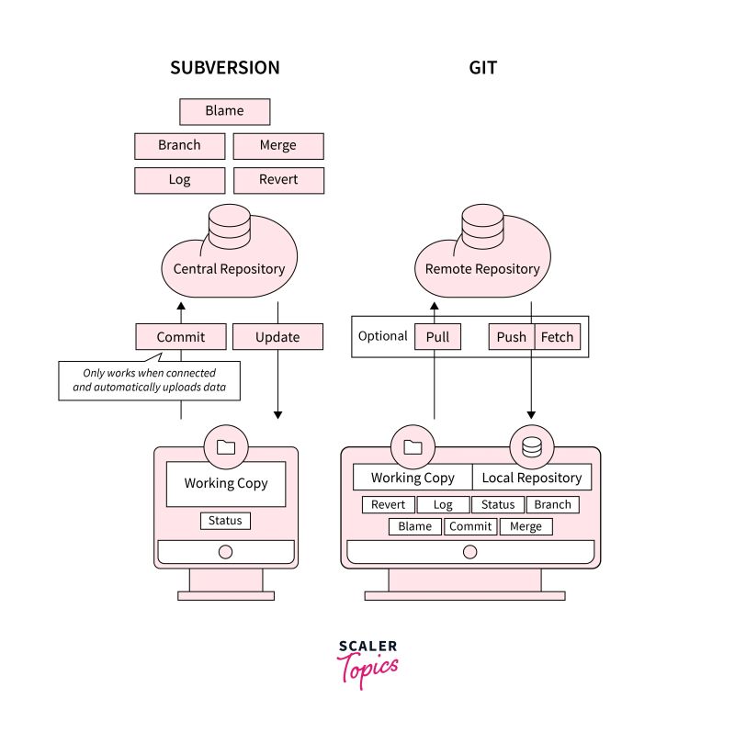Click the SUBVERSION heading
pyautogui.click(x=225, y=68)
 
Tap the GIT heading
pyautogui.click(x=483, y=68)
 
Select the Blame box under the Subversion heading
pyautogui.click(x=225, y=111)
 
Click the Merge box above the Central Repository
pyautogui.click(x=278, y=145)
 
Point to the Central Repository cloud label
pyautogui.click(x=229, y=269)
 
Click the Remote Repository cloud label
pyautogui.click(x=482, y=269)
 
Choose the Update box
pyautogui.click(x=278, y=337)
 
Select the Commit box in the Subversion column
pyautogui.click(x=181, y=337)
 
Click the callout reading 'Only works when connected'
pyautogui.click(x=150, y=380)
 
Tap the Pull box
pyautogui.click(x=438, y=337)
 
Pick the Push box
pyautogui.click(x=512, y=337)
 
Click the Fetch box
pyautogui.click(x=557, y=337)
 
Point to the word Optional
pyautogui.click(x=382, y=336)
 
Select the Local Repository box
pyautogui.click(x=532, y=478)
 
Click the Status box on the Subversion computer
pyautogui.click(x=225, y=521)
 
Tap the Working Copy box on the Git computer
pyautogui.click(x=413, y=478)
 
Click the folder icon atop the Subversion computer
pyautogui.click(x=225, y=447)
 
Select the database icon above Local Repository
pyautogui.click(x=532, y=447)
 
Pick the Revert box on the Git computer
pyautogui.click(x=389, y=504)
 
